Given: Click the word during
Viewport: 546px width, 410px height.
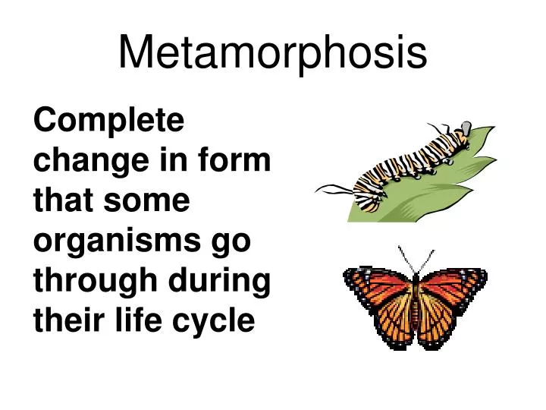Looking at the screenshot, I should pos(225,282).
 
